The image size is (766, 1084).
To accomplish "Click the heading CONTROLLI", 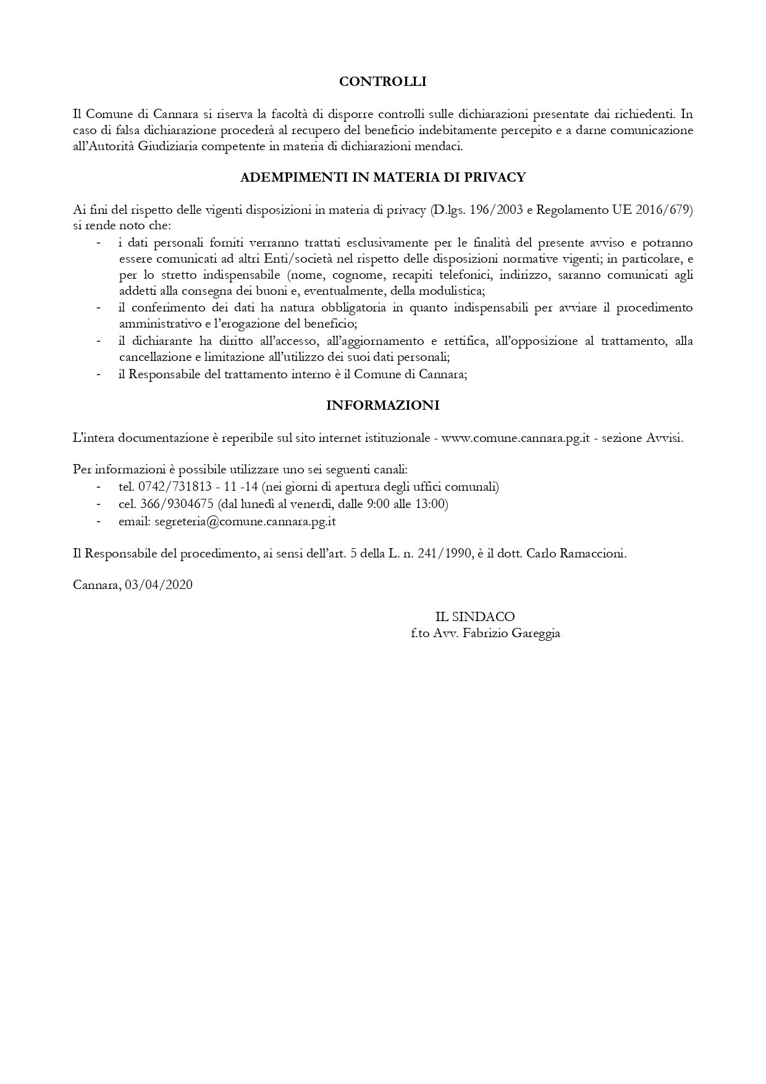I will (x=383, y=81).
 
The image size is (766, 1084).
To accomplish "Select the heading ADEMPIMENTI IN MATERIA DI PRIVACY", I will (x=382, y=177).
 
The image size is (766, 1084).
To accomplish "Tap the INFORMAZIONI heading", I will (x=382, y=405).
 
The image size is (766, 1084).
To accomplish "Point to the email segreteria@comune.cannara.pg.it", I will (x=245, y=522).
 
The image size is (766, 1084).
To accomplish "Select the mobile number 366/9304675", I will (x=176, y=504).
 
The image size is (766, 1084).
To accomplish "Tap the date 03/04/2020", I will (x=159, y=585).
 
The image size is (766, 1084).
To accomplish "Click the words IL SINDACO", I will (x=474, y=617).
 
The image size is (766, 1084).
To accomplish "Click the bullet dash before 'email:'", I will (x=98, y=522).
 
